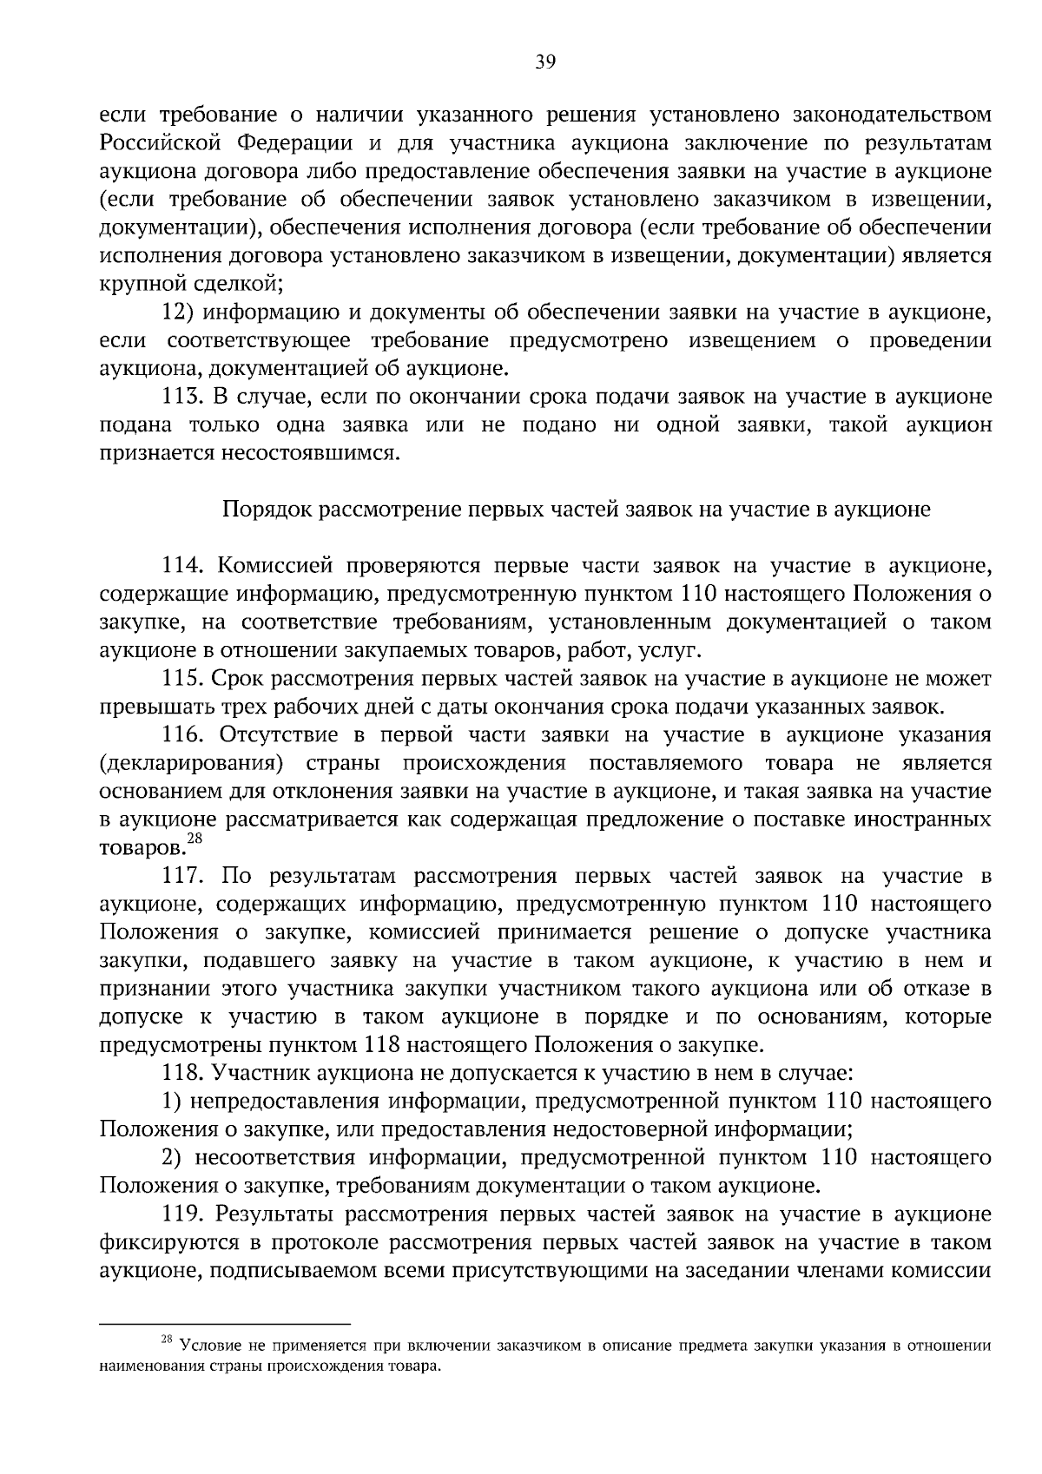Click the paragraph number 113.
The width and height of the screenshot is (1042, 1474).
click(x=182, y=397)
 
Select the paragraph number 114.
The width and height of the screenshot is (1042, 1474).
click(x=182, y=566)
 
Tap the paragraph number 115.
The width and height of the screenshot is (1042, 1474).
click(x=182, y=679)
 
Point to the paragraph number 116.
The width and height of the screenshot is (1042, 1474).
click(x=182, y=735)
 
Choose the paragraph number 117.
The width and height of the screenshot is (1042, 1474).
click(x=182, y=877)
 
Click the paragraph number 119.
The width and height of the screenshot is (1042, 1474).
click(x=182, y=1214)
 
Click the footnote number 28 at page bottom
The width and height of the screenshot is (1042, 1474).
click(x=168, y=1341)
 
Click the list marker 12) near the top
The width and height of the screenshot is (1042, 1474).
click(x=176, y=313)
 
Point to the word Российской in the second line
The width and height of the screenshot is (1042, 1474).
click(x=162, y=143)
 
